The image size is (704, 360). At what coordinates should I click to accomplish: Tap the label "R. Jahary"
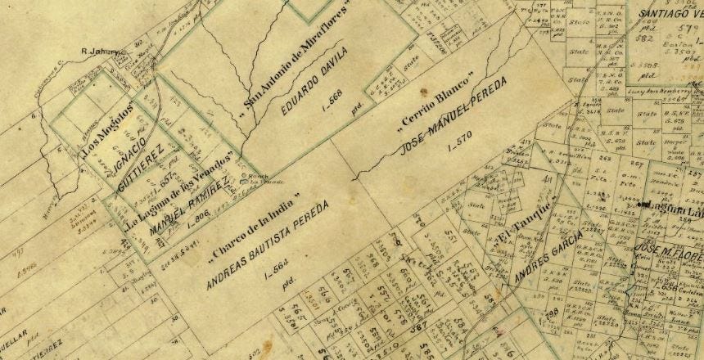coord(101,52)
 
